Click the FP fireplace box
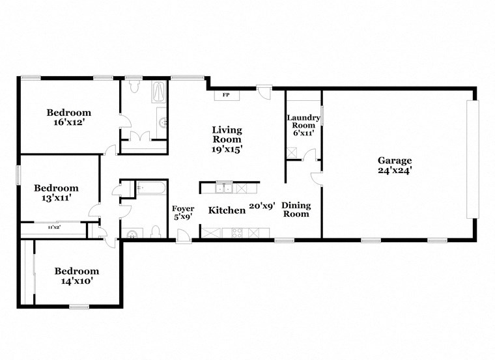click(x=226, y=95)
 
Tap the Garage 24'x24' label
click(x=395, y=165)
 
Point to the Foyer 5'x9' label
click(x=182, y=213)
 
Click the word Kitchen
click(x=227, y=210)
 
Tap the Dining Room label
click(x=296, y=210)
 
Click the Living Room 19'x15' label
click(x=227, y=139)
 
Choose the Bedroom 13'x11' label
click(x=56, y=193)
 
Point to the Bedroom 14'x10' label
click(x=76, y=276)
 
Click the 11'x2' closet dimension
click(x=55, y=227)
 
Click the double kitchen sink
click(x=224, y=189)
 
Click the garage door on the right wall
click(x=472, y=159)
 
